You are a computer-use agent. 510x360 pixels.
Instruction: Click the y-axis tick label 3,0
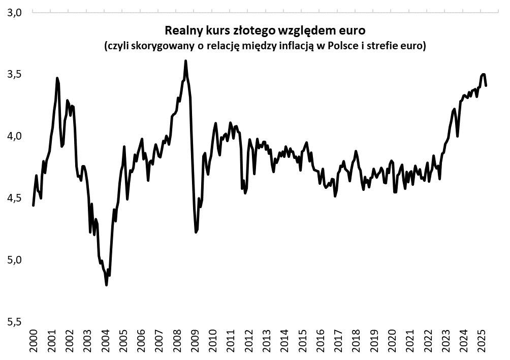[x=15, y=12]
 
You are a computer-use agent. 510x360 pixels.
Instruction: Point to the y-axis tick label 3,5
[x=15, y=74]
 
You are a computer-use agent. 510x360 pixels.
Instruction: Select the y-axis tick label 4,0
[x=15, y=136]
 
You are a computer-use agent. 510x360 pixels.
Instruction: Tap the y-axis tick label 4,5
[x=15, y=198]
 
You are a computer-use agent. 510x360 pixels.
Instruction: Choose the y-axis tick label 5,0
[x=15, y=260]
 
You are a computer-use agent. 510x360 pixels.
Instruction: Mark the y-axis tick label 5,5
[x=15, y=322]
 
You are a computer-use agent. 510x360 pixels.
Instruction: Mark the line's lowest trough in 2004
[x=106, y=285]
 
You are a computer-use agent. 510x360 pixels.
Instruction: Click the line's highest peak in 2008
[x=185, y=61]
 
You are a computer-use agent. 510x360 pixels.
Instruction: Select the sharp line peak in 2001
[x=57, y=78]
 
